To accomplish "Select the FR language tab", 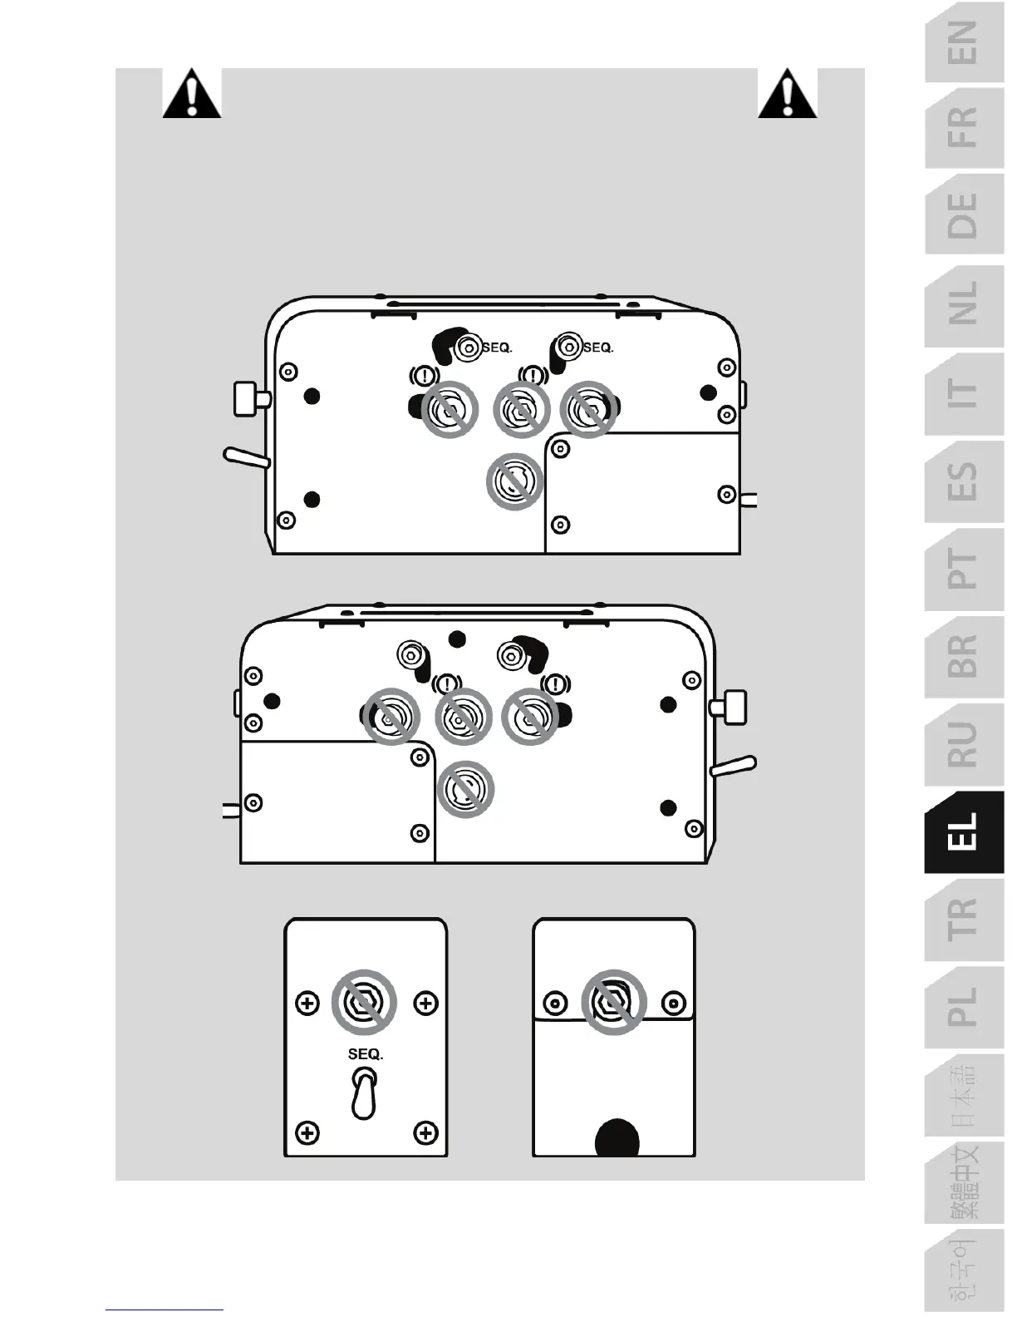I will [964, 127].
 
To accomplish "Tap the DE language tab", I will [964, 215].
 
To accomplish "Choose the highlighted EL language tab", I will [964, 831].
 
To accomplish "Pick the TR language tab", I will [964, 920].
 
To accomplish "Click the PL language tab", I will [964, 1007].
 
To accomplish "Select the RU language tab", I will [964, 744].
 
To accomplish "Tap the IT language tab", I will [964, 392].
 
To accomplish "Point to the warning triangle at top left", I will [192, 94].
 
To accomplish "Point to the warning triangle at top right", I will [788, 94].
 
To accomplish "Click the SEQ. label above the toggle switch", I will [366, 1054].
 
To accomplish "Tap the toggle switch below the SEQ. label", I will [365, 1093].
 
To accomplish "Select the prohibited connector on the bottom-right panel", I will [614, 1001].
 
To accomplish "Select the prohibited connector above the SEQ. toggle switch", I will [364, 1002].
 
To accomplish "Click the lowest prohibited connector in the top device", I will [514, 481].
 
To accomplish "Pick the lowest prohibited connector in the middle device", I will [465, 789].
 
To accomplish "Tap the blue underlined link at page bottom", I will [164, 1310].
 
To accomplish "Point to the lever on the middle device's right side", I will [732, 766].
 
